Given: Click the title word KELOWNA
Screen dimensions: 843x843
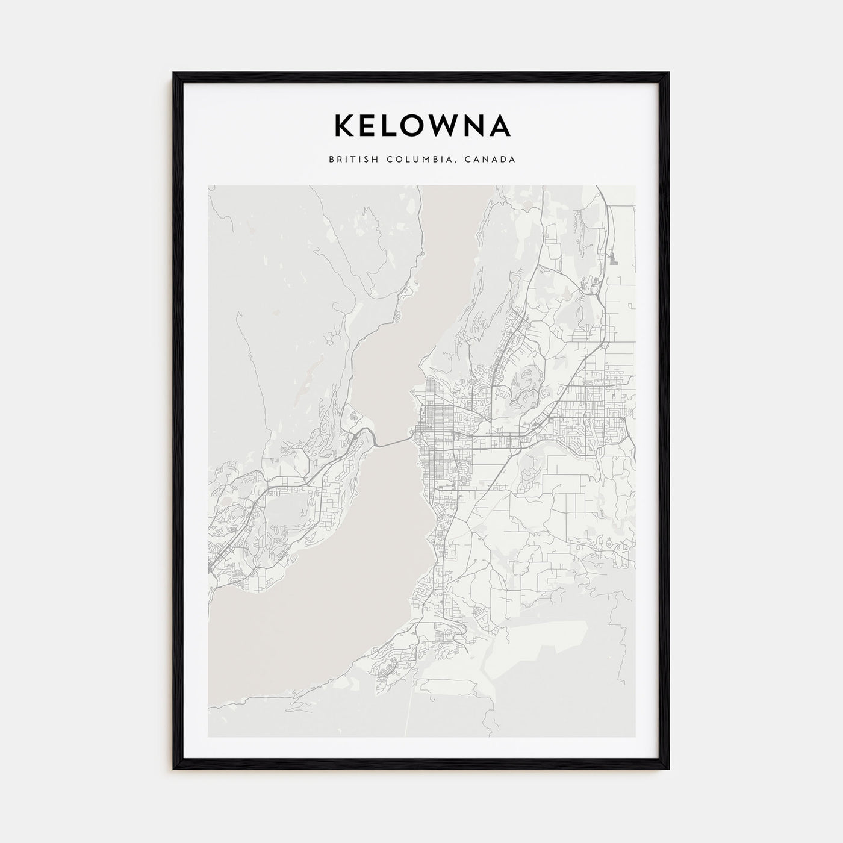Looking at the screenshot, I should point(421,126).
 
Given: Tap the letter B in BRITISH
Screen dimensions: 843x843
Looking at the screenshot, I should point(332,160).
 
